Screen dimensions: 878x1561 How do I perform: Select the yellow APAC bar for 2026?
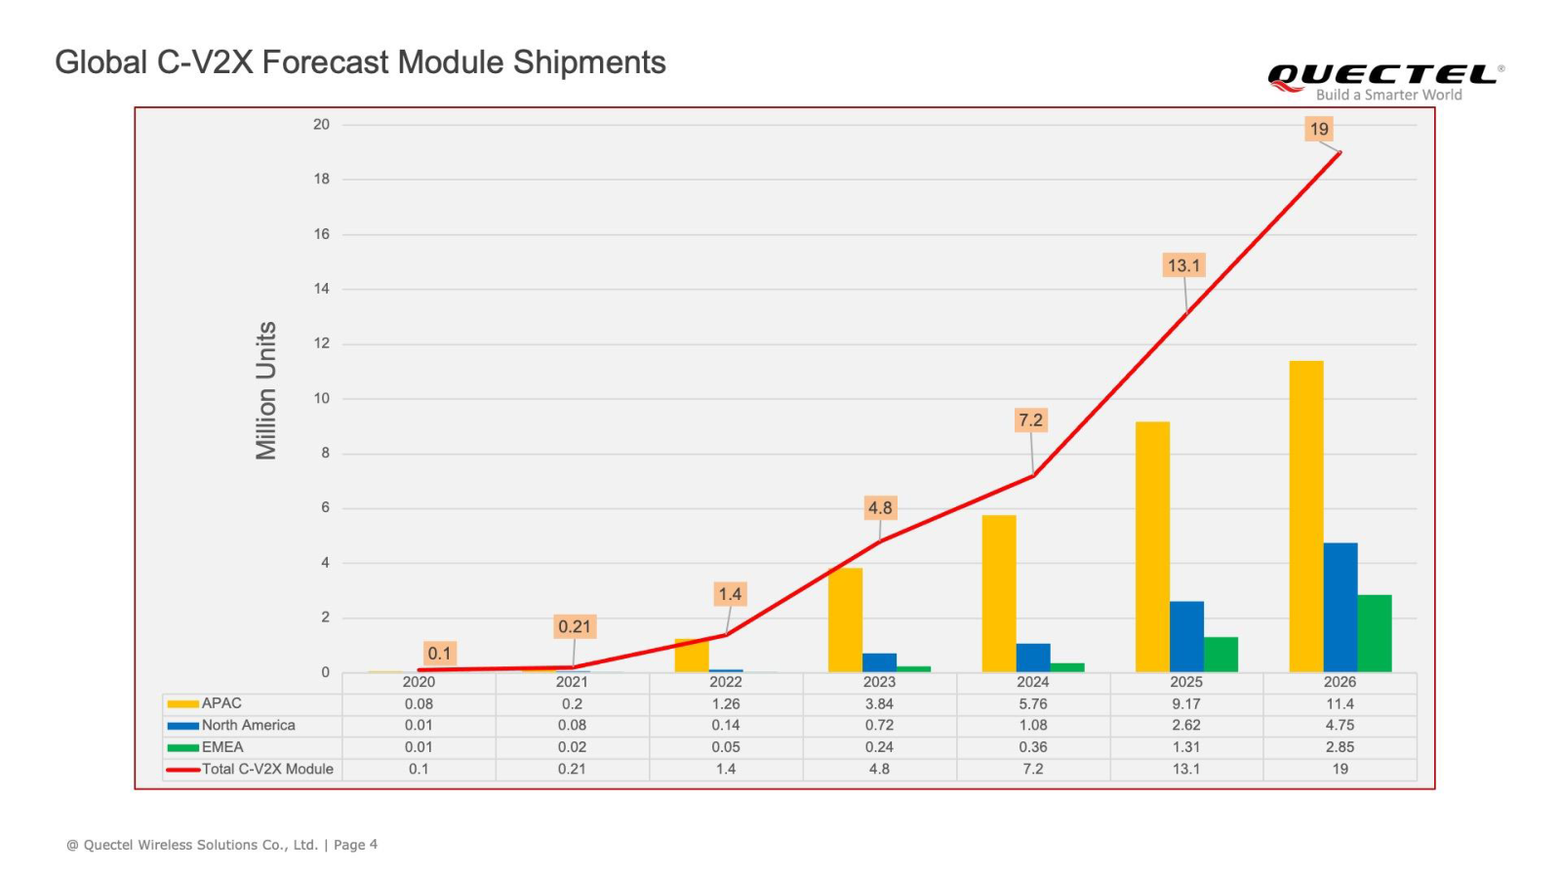[x=1305, y=517]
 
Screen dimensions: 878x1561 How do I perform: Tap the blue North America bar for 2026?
[x=1340, y=607]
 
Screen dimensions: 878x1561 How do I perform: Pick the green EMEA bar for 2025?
[x=1221, y=655]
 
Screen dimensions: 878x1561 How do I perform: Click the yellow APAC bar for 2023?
[x=845, y=620]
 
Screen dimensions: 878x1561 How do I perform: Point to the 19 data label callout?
[x=1319, y=129]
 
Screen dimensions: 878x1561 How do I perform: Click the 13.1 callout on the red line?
[x=1184, y=265]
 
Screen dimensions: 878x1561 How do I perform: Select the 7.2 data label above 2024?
[x=1030, y=420]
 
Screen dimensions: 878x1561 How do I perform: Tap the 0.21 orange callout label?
[x=574, y=626]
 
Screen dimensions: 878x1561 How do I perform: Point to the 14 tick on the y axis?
[x=321, y=289]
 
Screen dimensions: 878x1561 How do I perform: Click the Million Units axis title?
[x=266, y=390]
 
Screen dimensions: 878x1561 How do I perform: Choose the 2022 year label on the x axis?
[x=725, y=682]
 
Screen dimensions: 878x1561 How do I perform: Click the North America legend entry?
[x=248, y=725]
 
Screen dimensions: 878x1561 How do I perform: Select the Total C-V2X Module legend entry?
[x=266, y=769]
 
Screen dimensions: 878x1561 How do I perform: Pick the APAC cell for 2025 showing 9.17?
[x=1185, y=703]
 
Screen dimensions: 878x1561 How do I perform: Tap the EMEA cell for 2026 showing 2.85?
[x=1340, y=747]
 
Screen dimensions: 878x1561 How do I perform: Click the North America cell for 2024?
[x=1032, y=725]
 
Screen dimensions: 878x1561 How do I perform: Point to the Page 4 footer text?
[x=355, y=845]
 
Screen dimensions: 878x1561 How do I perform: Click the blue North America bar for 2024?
[x=1032, y=658]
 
